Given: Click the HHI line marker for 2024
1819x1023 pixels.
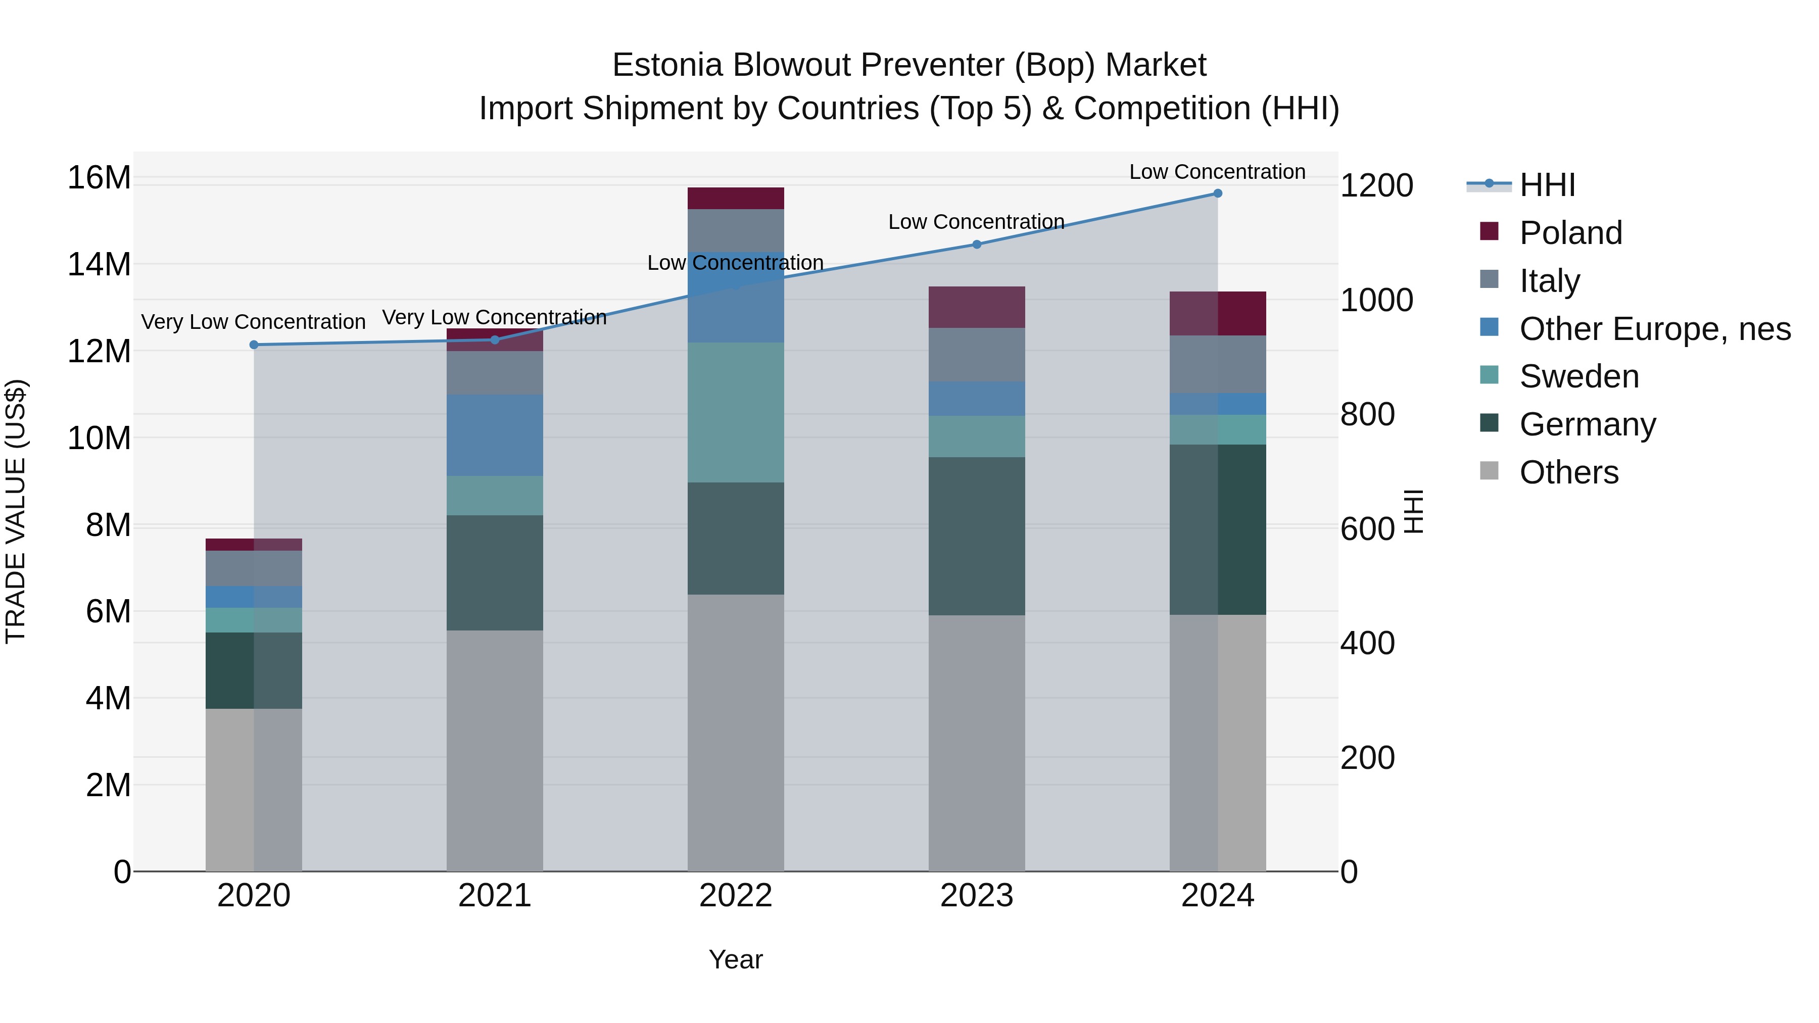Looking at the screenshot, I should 1217,193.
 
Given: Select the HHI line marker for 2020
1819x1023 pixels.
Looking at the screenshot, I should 254,345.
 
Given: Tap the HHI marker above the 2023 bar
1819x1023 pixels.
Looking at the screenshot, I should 977,245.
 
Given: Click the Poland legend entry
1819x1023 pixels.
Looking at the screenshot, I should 1570,233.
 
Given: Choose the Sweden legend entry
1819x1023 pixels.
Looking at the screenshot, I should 1579,376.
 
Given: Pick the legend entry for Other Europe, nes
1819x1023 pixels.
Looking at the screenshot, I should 1654,329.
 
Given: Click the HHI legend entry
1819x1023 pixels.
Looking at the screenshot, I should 1547,185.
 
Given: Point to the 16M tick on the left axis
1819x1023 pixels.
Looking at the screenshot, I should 99,177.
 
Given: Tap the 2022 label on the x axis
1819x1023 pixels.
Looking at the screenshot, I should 735,896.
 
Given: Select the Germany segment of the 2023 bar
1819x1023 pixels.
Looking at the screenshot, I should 977,536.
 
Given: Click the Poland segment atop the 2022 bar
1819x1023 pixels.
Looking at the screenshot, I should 735,199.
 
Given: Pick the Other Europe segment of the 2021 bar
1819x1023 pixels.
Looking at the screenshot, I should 494,435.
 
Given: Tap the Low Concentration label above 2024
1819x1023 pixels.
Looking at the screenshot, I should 1217,172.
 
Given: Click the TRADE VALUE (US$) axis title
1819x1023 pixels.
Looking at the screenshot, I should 16,511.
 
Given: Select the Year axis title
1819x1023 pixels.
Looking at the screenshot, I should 735,959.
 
